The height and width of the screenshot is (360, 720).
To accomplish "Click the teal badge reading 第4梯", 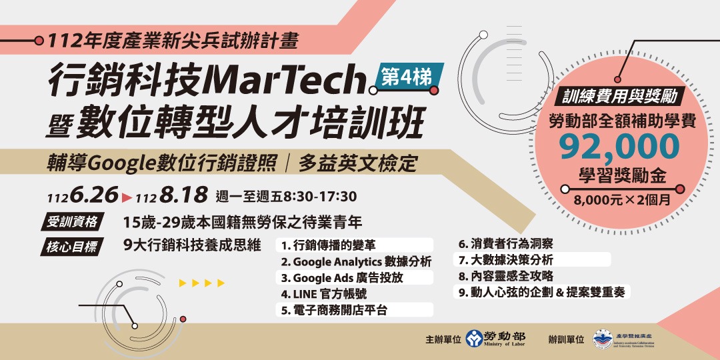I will click(407, 75).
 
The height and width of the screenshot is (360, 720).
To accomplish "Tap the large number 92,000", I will click(619, 147).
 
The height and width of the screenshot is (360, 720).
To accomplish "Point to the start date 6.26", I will click(93, 196).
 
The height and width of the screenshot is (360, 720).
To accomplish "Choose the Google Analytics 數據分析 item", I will click(356, 261).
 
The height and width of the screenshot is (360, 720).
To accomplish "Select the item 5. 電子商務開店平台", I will click(334, 309).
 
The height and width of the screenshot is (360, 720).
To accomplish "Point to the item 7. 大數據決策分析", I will click(505, 260).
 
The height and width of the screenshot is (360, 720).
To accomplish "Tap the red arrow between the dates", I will click(127, 197).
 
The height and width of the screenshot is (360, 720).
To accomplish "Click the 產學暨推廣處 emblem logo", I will click(603, 339).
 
